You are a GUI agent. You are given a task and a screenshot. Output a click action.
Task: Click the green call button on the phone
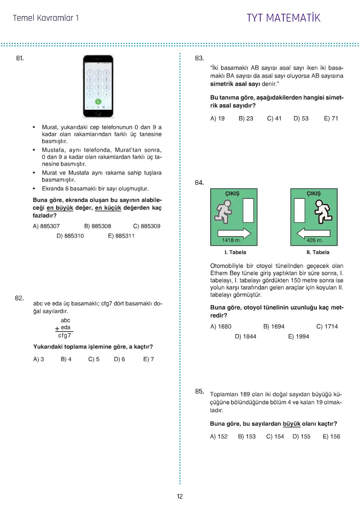pos(98,102)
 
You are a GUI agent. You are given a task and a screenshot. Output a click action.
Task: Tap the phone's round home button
pos(98,113)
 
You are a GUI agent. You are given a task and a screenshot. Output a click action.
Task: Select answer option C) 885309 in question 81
pos(147,226)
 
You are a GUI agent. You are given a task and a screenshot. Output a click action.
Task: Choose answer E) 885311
pos(121,236)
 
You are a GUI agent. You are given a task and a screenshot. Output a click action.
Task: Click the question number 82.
pos(19,298)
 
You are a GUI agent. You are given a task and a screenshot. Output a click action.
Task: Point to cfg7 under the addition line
pos(65,335)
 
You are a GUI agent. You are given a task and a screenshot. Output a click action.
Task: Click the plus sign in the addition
pos(57,329)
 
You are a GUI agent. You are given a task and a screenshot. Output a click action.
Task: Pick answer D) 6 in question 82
pos(119,359)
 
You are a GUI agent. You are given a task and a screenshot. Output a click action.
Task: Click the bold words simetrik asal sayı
pos(235,84)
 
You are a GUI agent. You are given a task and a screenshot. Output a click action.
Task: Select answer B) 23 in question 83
pos(246,118)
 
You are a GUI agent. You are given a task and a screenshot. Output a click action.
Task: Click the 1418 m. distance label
pos(231,240)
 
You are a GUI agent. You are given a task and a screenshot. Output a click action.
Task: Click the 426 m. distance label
pos(314,240)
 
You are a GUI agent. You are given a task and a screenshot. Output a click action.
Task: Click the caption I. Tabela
pos(235,252)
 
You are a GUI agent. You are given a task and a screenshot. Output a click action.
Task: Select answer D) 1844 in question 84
pos(246,336)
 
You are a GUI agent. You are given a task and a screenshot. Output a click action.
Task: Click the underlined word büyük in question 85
pos(291,424)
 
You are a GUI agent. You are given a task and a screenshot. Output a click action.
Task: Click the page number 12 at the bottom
pos(180,497)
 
